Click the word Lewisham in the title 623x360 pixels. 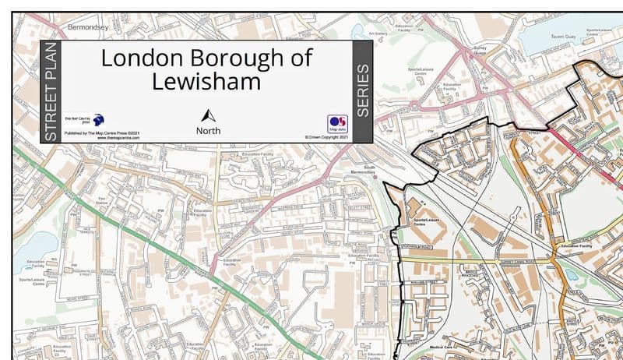tap(206, 81)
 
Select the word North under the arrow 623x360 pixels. tap(208, 130)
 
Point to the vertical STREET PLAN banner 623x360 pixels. tap(51, 92)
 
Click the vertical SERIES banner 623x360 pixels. tap(362, 92)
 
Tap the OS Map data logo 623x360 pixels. tap(336, 124)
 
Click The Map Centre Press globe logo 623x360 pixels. tap(99, 120)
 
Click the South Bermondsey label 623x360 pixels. tap(364, 168)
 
